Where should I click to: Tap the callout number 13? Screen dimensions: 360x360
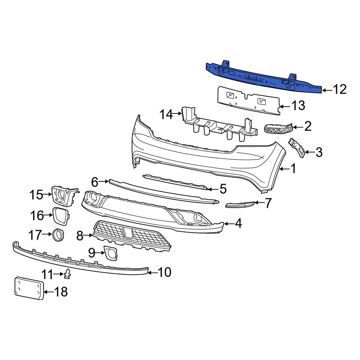click(298, 106)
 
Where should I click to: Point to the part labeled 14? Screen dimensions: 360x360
click(220, 126)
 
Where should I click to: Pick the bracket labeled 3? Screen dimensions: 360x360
click(298, 148)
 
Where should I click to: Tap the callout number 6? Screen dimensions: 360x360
click(95, 182)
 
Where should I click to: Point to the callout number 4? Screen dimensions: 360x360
click(238, 224)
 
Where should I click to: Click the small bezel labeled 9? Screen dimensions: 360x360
click(110, 253)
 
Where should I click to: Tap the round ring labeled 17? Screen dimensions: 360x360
click(58, 235)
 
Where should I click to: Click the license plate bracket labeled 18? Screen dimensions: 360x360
click(29, 288)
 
